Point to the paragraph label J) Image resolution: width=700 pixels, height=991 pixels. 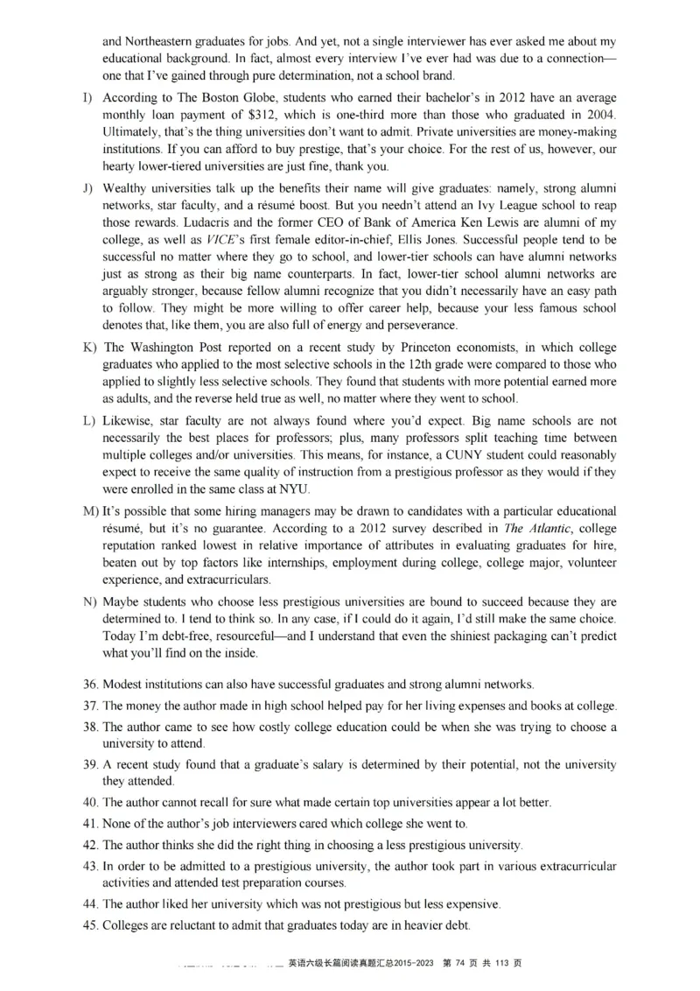tap(88, 188)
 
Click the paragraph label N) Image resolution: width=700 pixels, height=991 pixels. tap(89, 602)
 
